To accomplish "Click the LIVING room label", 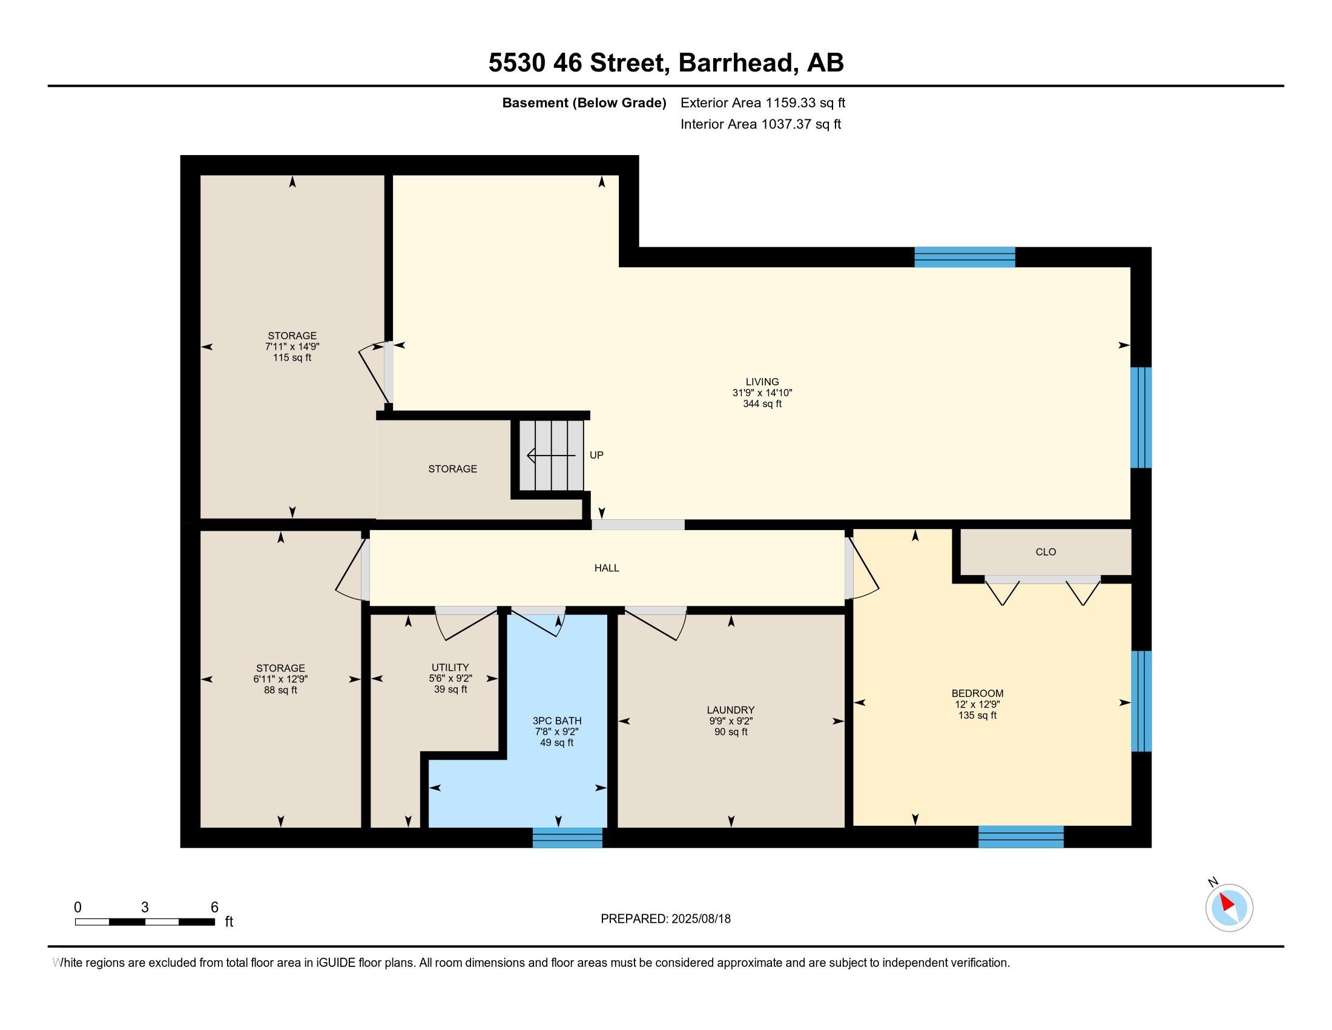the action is [x=762, y=382].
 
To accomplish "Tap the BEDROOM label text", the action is [x=977, y=693].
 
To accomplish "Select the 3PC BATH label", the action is [x=557, y=720].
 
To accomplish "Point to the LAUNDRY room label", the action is [x=731, y=709].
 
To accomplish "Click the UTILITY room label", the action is [x=450, y=667].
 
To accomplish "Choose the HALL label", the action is [x=607, y=568].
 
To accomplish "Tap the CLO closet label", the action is [x=1046, y=551].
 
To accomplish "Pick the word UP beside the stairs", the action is [x=596, y=455].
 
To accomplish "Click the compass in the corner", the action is [x=1229, y=908].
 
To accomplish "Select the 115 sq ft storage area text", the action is [x=292, y=357].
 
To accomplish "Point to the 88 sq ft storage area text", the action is [x=280, y=690].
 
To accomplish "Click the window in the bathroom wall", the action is [x=567, y=837].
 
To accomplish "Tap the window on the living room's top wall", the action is [x=965, y=257].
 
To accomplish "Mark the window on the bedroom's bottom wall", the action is [x=1021, y=837].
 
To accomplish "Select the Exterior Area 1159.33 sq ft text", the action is [x=763, y=102].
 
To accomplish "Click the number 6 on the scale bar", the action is [x=214, y=907].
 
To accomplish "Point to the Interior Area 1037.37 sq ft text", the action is [x=760, y=124].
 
